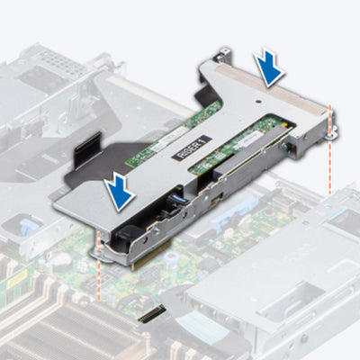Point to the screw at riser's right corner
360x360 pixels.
(x=333, y=132)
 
